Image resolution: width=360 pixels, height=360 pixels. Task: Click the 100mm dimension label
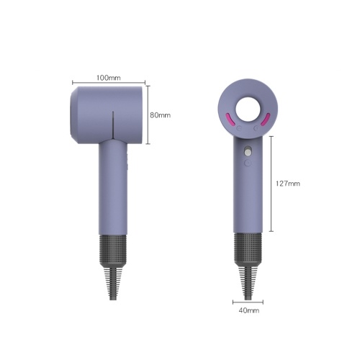coord(109,78)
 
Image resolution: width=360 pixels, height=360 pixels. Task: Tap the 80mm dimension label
coord(161,115)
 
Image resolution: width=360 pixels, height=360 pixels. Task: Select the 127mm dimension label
coord(288,184)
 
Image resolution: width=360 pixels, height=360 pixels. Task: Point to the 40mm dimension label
coord(249,310)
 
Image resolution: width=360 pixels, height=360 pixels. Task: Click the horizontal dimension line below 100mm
coord(109,83)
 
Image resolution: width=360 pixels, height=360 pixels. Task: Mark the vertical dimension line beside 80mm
coord(148,114)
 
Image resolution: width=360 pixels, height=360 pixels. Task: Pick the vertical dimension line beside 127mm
coord(271,184)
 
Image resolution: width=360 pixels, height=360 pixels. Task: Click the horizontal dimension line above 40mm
coord(248,302)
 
